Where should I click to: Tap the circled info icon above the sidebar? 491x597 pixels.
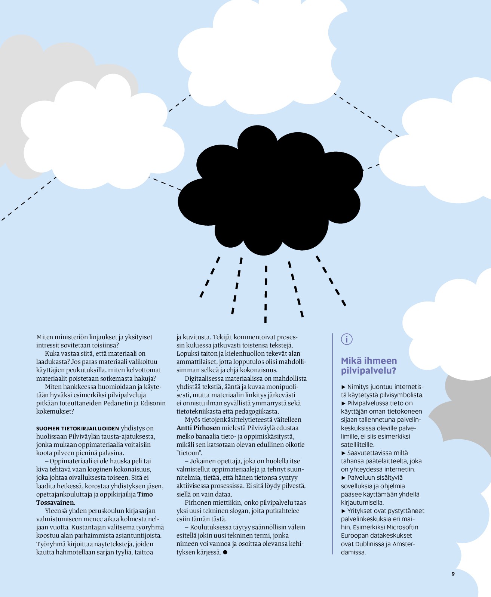click(347, 339)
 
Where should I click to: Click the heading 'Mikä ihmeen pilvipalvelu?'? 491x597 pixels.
click(368, 366)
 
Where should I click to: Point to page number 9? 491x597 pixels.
click(453, 574)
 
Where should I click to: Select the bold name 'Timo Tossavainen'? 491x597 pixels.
click(95, 498)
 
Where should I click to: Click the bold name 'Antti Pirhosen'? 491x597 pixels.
click(198, 428)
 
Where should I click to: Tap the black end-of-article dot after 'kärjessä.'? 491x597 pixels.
click(225, 552)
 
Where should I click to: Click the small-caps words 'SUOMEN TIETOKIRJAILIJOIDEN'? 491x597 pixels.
click(77, 429)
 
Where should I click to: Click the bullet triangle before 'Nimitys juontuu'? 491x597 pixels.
click(343, 387)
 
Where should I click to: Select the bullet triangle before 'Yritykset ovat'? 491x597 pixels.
click(343, 511)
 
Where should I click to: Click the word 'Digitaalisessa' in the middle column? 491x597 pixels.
click(204, 378)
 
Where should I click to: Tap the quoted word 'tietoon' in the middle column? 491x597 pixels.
click(189, 453)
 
